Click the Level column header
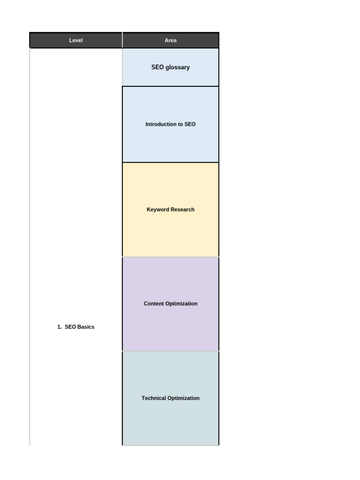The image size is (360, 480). pyautogui.click(x=76, y=40)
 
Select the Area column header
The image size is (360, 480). pyautogui.click(x=171, y=40)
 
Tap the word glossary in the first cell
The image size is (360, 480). pyautogui.click(x=178, y=67)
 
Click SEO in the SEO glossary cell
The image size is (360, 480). pyautogui.click(x=157, y=67)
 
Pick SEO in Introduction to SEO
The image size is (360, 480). pyautogui.click(x=190, y=125)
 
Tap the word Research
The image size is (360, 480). pyautogui.click(x=182, y=210)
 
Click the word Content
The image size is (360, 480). pyautogui.click(x=154, y=304)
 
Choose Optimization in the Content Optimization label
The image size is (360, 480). pyautogui.click(x=182, y=304)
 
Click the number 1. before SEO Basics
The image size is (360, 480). pyautogui.click(x=60, y=327)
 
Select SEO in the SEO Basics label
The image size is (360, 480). pyautogui.click(x=70, y=327)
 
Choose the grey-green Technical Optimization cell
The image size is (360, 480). pyautogui.click(x=171, y=422)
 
